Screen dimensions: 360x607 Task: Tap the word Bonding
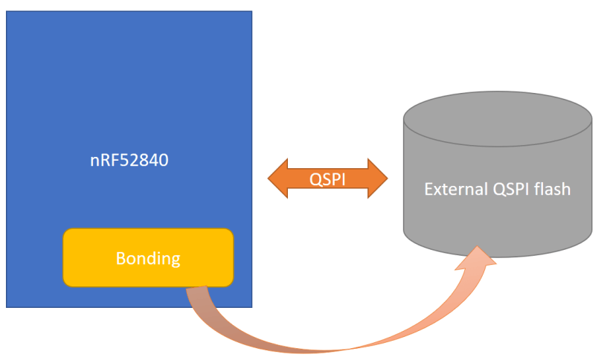148,259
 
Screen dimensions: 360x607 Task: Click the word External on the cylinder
453,189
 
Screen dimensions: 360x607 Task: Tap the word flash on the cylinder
552,189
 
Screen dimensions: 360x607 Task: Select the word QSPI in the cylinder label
507,189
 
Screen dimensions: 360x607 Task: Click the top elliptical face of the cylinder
497,119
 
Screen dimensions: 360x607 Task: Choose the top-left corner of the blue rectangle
7,12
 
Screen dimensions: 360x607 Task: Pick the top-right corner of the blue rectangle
251,12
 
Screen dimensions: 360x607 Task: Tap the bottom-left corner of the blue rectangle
7,306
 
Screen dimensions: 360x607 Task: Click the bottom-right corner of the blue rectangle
251,306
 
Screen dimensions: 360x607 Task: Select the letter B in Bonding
120,259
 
